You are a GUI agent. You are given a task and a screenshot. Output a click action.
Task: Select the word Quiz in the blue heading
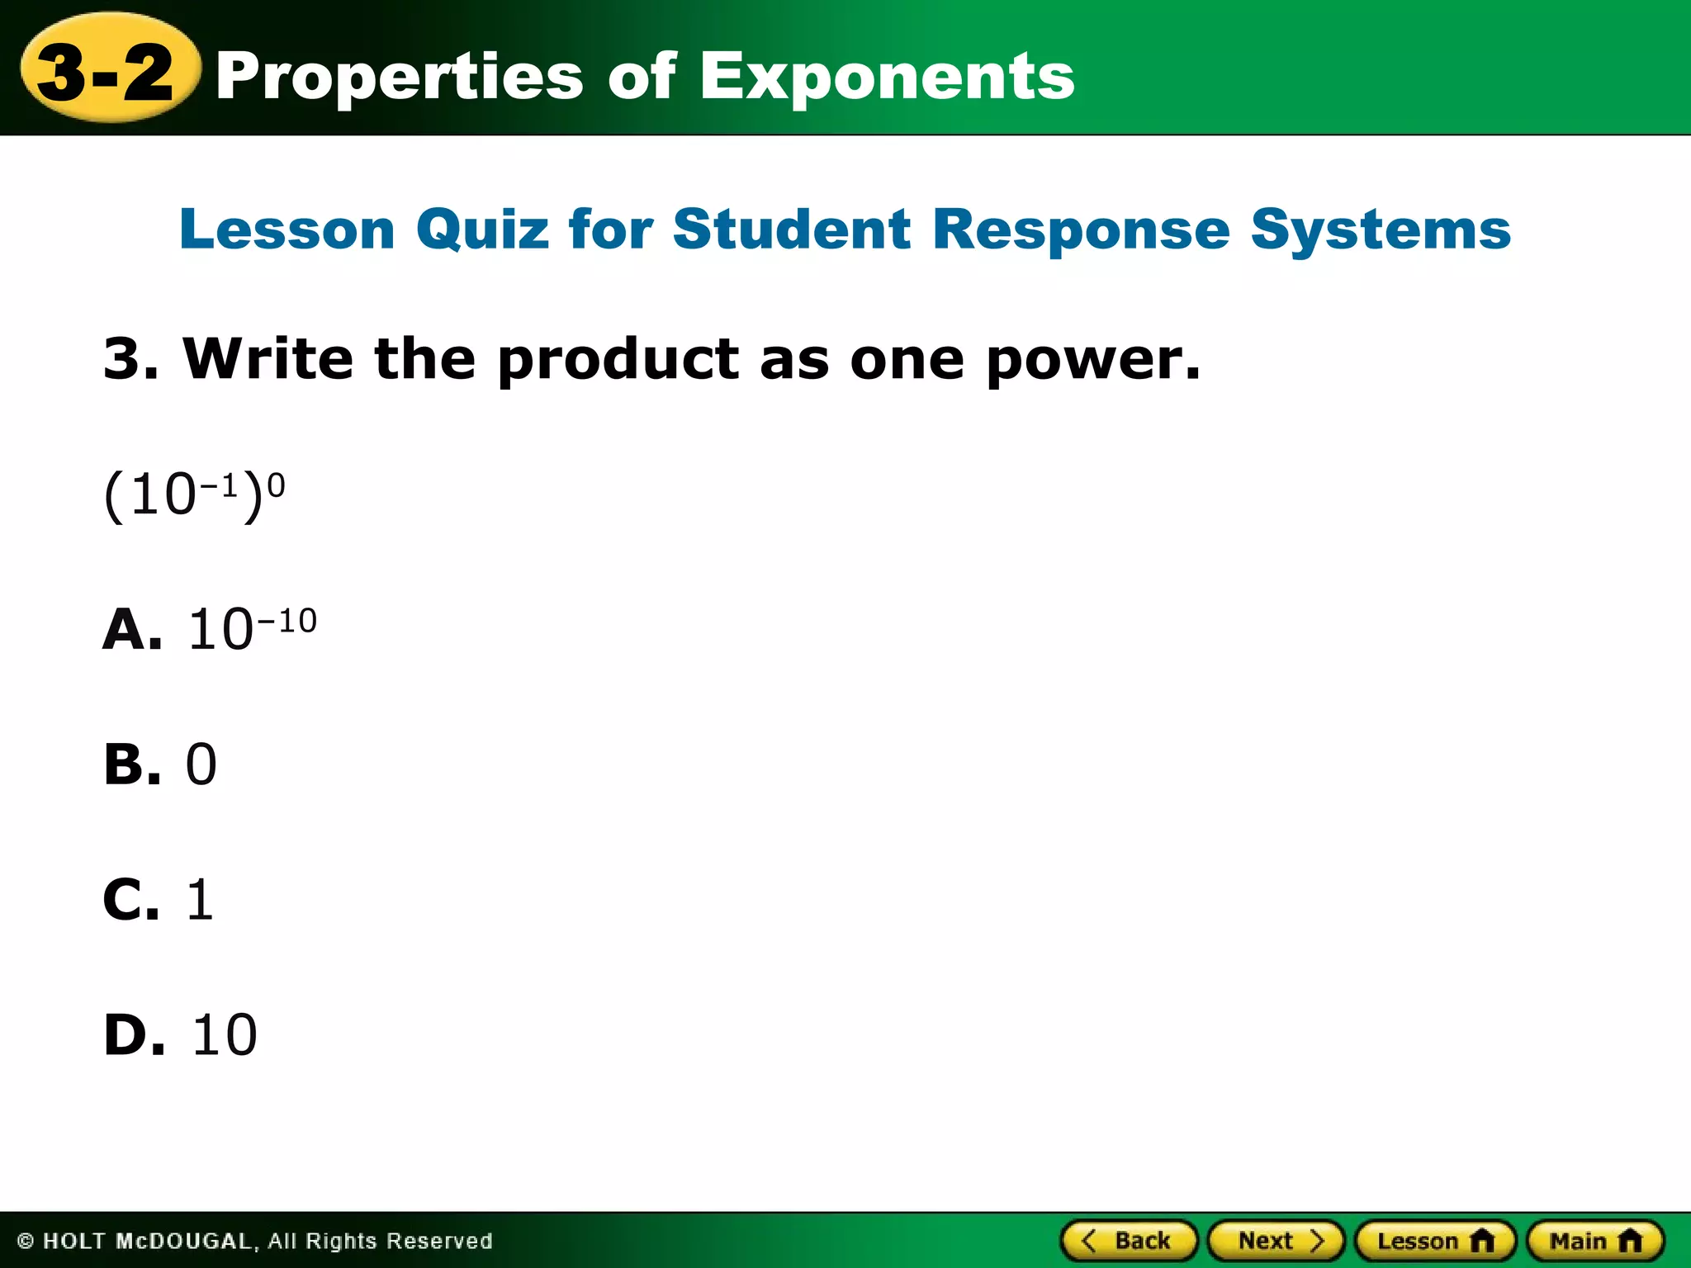482,229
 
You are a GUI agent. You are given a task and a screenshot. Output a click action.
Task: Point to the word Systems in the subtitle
1381,229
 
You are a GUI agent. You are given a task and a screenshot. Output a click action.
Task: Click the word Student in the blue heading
792,229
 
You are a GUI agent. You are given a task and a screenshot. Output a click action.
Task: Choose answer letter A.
131,629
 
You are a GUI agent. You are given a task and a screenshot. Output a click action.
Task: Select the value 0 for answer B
201,764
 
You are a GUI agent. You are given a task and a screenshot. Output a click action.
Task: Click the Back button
1128,1241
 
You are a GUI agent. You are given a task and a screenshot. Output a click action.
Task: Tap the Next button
1277,1241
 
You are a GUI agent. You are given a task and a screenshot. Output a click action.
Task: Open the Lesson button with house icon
1435,1241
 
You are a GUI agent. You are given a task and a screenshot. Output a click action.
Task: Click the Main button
1595,1241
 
